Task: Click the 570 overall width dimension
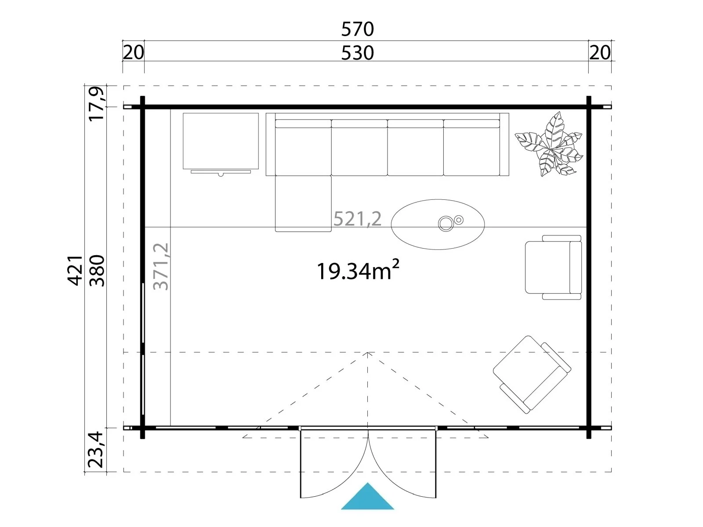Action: pyautogui.click(x=357, y=29)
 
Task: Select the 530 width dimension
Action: pyautogui.click(x=357, y=53)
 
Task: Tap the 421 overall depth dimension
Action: pyautogui.click(x=75, y=271)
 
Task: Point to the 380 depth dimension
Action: pyautogui.click(x=97, y=271)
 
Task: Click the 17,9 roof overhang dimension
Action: pyautogui.click(x=97, y=103)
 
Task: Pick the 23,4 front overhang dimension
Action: pyautogui.click(x=95, y=450)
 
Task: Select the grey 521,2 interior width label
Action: pyautogui.click(x=357, y=219)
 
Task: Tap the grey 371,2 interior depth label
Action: pyautogui.click(x=161, y=267)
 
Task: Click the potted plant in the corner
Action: pyautogui.click(x=549, y=144)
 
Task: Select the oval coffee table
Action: pyautogui.click(x=438, y=224)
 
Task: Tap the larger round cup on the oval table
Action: pyautogui.click(x=446, y=224)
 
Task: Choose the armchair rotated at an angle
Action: pyautogui.click(x=532, y=375)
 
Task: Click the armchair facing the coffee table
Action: pyautogui.click(x=553, y=267)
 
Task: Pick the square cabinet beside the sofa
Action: pyautogui.click(x=221, y=141)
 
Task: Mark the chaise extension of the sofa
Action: pyautogui.click(x=303, y=203)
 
